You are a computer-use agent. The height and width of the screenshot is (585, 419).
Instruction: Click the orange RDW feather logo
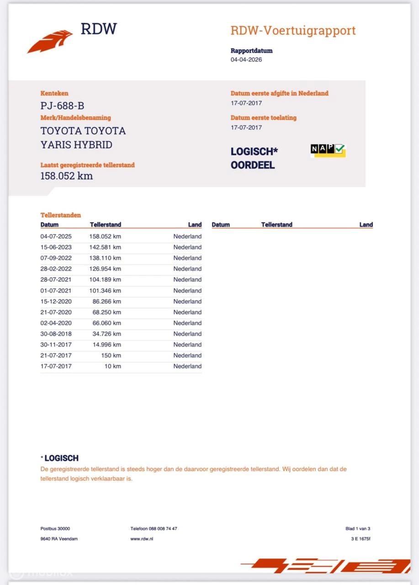point(49,42)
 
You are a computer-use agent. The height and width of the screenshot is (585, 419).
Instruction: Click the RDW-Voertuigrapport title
point(293,31)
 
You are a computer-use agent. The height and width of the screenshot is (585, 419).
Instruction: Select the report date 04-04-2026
point(246,59)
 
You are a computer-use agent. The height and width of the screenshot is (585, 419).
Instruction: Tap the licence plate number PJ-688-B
point(62,106)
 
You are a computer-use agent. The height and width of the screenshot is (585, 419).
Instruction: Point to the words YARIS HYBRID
point(76,145)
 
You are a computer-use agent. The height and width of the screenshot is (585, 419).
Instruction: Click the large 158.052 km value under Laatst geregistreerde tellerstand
point(67,176)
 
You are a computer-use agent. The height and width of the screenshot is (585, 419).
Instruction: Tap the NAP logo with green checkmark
point(328,150)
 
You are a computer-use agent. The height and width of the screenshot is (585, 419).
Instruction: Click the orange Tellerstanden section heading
point(61,215)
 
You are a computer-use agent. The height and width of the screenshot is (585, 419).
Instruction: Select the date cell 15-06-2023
point(56,247)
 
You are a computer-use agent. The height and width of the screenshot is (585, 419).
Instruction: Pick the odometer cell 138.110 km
point(105,258)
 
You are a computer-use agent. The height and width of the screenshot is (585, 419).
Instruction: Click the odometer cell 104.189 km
point(105,280)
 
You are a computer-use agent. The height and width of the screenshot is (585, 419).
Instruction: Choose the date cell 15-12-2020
point(56,302)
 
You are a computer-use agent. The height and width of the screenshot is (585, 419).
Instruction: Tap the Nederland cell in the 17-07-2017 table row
point(187,366)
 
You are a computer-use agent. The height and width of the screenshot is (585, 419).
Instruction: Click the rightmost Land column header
point(366,224)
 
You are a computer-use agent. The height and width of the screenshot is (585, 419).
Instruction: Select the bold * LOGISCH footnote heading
point(59,458)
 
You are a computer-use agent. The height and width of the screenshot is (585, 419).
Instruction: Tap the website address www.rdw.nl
point(142,539)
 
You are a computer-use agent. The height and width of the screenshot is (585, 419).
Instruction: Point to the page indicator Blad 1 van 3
point(358,529)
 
